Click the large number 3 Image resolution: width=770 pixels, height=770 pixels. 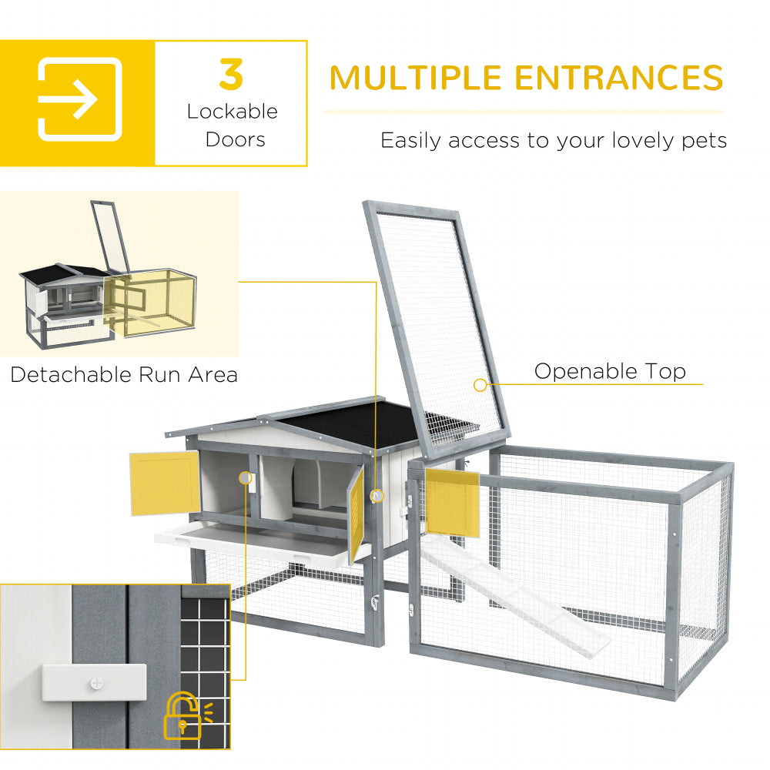pos(231,74)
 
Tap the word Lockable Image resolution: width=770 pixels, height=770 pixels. pos(232,111)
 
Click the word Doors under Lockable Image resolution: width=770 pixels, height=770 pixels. pos(235,139)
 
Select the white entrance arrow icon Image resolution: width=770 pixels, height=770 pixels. pos(79,99)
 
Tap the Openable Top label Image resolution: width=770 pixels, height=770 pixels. pos(610,371)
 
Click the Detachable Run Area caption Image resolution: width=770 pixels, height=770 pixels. pos(124,375)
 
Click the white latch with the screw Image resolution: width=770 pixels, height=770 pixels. pos(94,682)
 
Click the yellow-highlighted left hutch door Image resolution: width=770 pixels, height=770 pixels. pos(164,483)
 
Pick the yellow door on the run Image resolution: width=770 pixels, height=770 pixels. pos(453,501)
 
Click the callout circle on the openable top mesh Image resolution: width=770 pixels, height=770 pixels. pos(480,384)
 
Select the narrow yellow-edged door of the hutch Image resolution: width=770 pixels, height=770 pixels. pos(357,514)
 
